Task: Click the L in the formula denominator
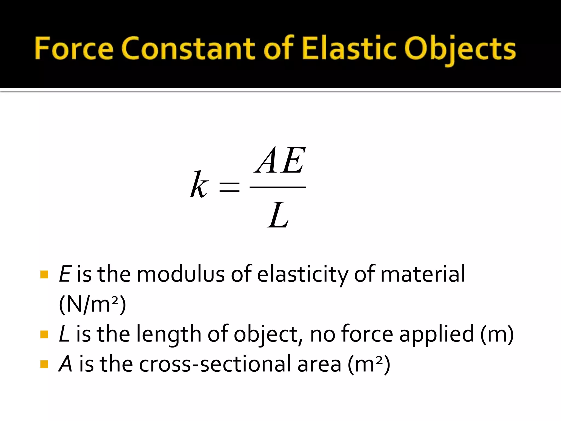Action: pyautogui.click(x=278, y=215)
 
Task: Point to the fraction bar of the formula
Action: pyautogui.click(x=278, y=187)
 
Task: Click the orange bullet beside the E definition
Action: pyautogui.click(x=44, y=274)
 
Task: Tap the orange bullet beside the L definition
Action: pyautogui.click(x=44, y=334)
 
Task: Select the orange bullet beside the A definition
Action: pyautogui.click(x=44, y=364)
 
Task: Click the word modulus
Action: pyautogui.click(x=181, y=274)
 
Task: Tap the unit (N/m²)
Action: pyautogui.click(x=92, y=304)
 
